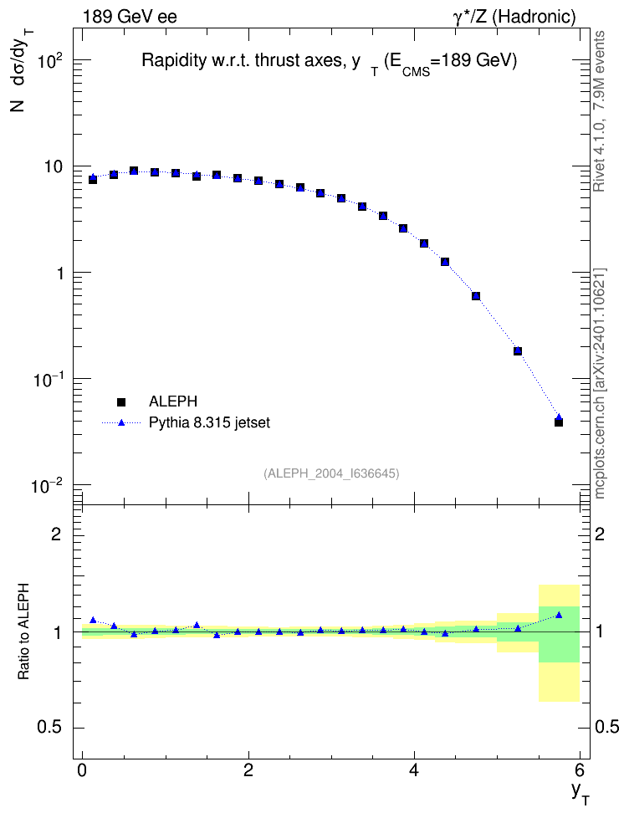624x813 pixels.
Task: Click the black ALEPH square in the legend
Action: pos(121,401)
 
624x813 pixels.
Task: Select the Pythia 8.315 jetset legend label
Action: pos(210,422)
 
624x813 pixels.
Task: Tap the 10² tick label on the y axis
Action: pos(50,62)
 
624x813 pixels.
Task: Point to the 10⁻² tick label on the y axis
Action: pos(47,486)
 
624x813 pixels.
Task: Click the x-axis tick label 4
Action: pos(414,769)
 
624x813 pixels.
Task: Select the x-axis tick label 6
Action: pos(580,769)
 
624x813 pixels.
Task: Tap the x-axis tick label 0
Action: pos(82,769)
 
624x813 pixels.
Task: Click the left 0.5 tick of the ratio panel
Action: pos(50,728)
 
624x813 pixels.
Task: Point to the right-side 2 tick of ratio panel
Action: pos(600,534)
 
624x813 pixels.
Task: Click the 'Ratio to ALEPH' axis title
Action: pos(23,631)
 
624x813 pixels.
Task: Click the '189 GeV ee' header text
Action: pos(130,17)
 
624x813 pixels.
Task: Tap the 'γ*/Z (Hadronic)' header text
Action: pos(514,17)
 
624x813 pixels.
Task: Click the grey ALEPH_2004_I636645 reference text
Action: pos(331,473)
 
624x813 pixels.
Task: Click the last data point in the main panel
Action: pos(559,422)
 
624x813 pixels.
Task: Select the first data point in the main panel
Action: pos(93,179)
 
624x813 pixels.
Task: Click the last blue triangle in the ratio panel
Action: pos(559,615)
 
